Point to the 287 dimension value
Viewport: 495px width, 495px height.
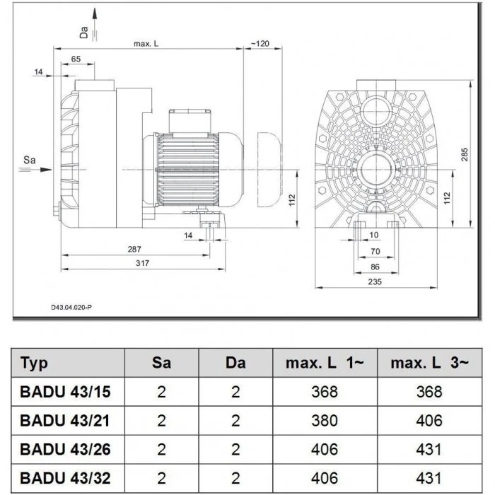coord(134,249)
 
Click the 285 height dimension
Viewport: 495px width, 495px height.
coord(465,156)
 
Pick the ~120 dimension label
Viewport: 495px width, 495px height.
coord(260,44)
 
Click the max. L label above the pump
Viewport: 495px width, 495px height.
coord(146,44)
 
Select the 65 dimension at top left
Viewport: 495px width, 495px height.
coord(76,59)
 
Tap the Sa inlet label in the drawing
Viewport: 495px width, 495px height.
coord(29,161)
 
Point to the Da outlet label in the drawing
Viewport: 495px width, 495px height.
coord(84,30)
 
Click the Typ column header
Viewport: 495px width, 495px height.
coord(35,363)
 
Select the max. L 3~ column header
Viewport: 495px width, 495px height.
coord(429,363)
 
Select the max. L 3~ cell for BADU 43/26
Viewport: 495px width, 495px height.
coord(429,449)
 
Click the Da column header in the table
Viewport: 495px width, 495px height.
coord(235,363)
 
